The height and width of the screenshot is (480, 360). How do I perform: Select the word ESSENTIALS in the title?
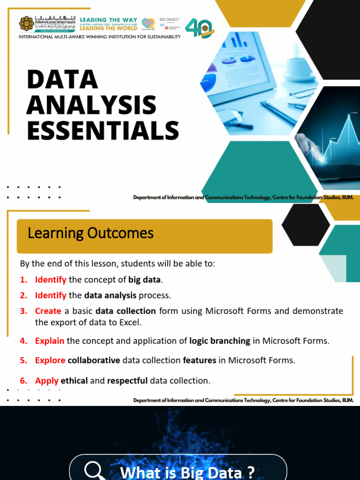click(103, 130)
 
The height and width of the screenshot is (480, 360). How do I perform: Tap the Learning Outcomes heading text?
click(90, 233)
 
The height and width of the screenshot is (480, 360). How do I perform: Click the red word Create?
click(48, 311)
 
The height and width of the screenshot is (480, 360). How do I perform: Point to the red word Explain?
click(49, 341)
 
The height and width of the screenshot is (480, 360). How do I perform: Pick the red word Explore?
click(50, 360)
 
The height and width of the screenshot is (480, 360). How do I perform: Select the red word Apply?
click(46, 381)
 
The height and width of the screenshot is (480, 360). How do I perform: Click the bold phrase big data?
click(144, 280)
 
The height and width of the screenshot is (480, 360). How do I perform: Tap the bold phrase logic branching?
click(219, 341)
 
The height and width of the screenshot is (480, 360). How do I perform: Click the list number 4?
click(23, 341)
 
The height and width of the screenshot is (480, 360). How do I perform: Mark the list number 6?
click(23, 381)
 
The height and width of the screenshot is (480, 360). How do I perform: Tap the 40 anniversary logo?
click(199, 28)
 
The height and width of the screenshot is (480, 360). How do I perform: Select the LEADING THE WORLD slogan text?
click(108, 29)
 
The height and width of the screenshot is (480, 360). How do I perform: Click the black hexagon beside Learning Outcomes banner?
click(306, 225)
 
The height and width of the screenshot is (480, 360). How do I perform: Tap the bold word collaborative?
click(94, 360)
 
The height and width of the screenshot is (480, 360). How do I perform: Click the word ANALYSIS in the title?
click(91, 105)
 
